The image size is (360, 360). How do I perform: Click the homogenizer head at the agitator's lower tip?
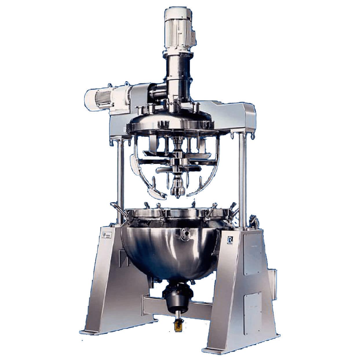click(x=177, y=190)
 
